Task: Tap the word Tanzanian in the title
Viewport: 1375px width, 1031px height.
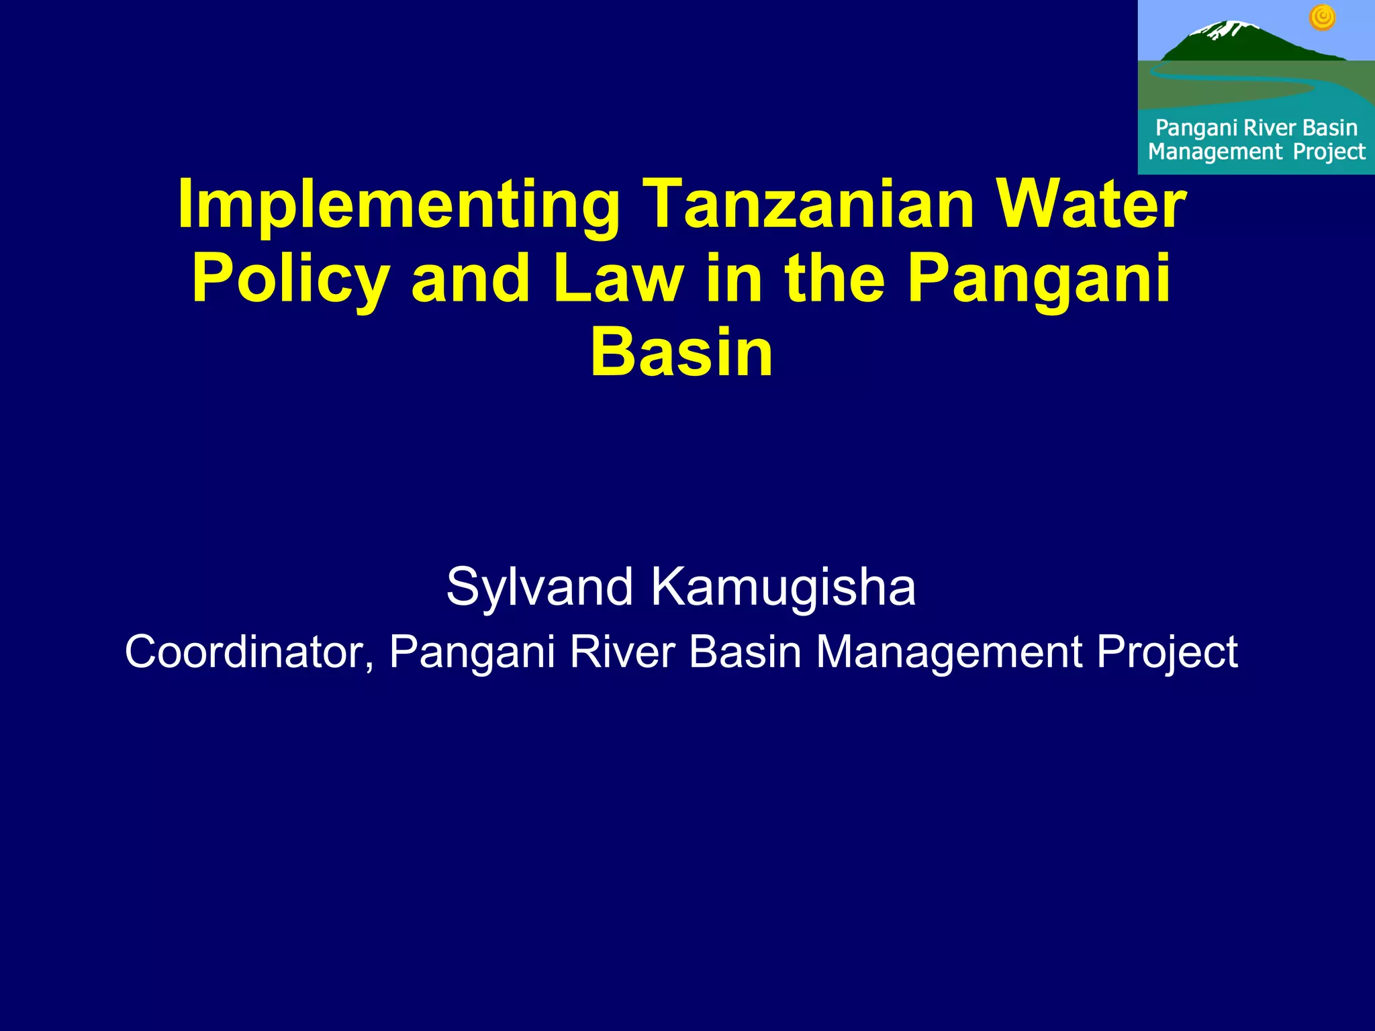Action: (x=808, y=204)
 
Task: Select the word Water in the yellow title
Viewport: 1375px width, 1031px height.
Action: (x=1091, y=204)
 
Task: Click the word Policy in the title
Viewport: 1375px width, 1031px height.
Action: (x=290, y=279)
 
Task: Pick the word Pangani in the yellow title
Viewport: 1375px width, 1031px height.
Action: (x=1039, y=279)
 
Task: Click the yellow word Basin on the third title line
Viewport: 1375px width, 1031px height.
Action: (x=681, y=352)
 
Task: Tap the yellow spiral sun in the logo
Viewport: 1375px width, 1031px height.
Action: (x=1322, y=18)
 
